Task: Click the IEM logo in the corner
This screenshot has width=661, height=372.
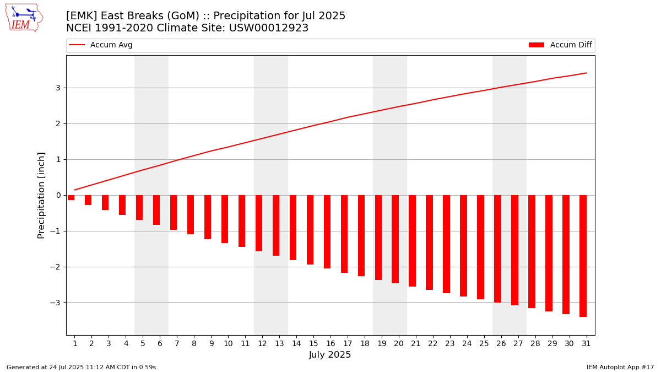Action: coord(24,18)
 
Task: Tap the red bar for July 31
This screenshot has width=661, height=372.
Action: coord(583,256)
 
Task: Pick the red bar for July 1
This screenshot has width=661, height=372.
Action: coord(71,197)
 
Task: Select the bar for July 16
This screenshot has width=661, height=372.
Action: coord(327,231)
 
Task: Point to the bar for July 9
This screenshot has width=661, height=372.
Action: coord(208,217)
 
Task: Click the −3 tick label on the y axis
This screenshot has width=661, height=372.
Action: coord(56,303)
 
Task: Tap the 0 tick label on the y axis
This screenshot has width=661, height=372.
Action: coord(57,195)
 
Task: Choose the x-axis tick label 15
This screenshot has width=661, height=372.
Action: coord(313,343)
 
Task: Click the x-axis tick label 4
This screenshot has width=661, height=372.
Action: coord(126,343)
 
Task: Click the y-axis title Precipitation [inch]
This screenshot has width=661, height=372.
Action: coord(41,195)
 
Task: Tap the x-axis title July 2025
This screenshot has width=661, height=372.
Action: coord(330,355)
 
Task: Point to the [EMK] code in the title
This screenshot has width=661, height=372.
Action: coord(82,16)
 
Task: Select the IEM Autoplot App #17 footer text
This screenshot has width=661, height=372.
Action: coord(620,367)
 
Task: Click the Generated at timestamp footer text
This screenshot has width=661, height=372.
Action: coord(81,367)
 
